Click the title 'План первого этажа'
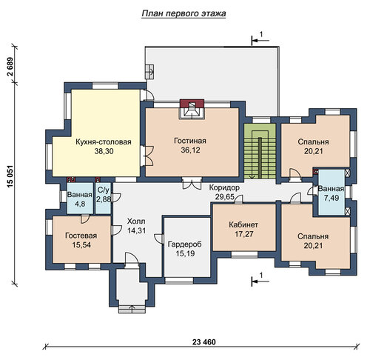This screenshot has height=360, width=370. (x=184, y=13)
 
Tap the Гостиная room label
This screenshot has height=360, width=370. (x=190, y=141)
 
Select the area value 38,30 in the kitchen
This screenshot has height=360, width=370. (x=104, y=151)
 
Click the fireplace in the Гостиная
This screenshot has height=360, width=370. (x=192, y=109)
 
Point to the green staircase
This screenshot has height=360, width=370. (x=260, y=151)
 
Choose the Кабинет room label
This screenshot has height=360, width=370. (x=243, y=224)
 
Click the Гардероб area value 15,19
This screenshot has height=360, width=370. (x=185, y=253)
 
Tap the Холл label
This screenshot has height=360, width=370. (x=136, y=221)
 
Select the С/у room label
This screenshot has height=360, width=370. (x=103, y=190)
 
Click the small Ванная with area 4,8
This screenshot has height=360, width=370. (x=80, y=198)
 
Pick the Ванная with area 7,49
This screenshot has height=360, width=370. (x=331, y=192)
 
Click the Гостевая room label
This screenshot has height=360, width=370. (x=81, y=236)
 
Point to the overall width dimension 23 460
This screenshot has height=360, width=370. (x=203, y=342)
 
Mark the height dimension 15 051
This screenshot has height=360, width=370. (x=10, y=178)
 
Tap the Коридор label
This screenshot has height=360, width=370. (x=224, y=187)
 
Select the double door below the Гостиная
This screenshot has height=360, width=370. (x=192, y=183)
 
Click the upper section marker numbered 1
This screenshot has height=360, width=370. (x=260, y=39)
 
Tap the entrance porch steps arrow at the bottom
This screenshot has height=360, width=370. (x=132, y=309)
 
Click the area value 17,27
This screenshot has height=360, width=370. (x=243, y=234)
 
